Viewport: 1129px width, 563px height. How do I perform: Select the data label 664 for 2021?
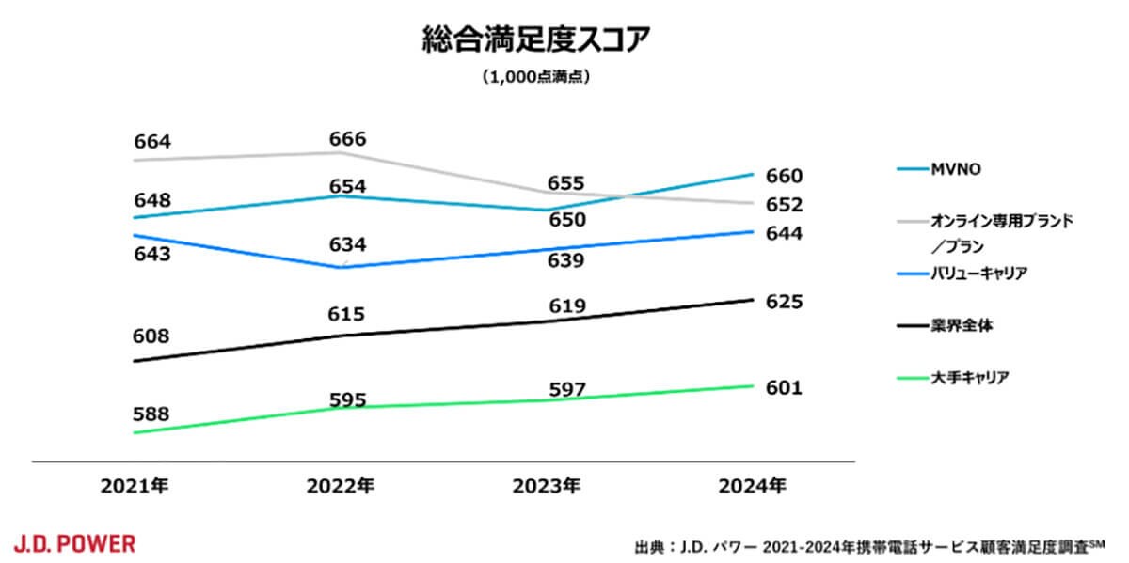(152, 142)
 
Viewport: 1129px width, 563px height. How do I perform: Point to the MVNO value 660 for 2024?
(784, 177)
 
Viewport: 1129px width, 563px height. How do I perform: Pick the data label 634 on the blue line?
(348, 245)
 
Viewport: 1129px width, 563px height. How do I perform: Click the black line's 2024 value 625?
(784, 303)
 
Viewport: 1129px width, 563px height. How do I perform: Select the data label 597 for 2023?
(567, 389)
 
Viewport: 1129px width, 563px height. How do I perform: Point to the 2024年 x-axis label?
(753, 486)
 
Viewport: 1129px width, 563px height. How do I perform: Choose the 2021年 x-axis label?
(135, 486)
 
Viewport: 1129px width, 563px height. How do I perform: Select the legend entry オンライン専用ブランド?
(1001, 223)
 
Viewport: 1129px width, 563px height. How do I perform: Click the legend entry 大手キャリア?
(970, 378)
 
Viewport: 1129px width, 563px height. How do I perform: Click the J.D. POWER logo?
(74, 543)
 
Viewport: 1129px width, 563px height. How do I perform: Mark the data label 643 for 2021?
(152, 254)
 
